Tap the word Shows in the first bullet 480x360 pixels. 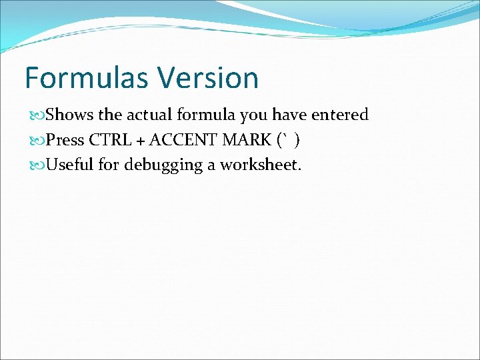pos(71,115)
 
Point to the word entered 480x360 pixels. pos(339,115)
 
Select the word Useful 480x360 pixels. pos(71,165)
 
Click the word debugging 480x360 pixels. pos(162,165)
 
